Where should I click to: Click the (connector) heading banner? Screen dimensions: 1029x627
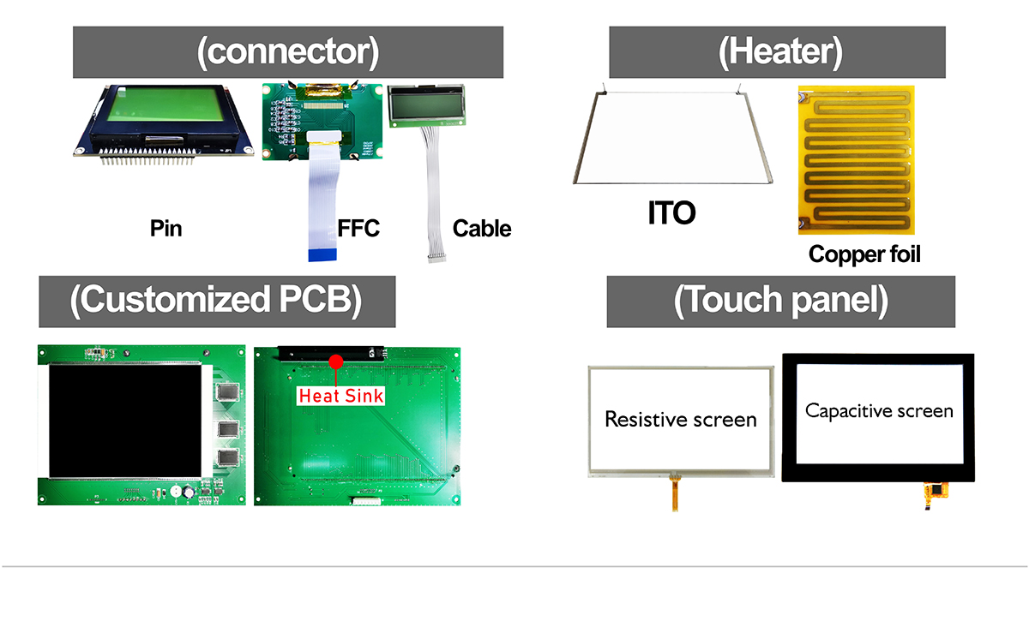pyautogui.click(x=288, y=52)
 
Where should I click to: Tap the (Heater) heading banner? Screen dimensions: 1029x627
pyautogui.click(x=777, y=52)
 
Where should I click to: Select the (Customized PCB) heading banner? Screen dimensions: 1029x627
pyautogui.click(x=217, y=302)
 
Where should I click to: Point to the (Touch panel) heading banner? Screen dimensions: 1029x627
pyautogui.click(x=781, y=302)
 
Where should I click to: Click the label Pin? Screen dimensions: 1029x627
pyautogui.click(x=165, y=228)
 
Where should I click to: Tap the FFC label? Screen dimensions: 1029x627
pyautogui.click(x=358, y=228)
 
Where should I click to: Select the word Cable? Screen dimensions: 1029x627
pyautogui.click(x=482, y=228)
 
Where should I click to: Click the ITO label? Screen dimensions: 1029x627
pyautogui.click(x=671, y=212)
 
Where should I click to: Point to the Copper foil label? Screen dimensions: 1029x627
pyautogui.click(x=864, y=254)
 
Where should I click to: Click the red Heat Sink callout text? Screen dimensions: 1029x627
pyautogui.click(x=341, y=396)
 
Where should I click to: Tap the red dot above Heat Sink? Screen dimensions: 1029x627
pyautogui.click(x=336, y=361)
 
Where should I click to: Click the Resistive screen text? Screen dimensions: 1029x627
pyautogui.click(x=681, y=419)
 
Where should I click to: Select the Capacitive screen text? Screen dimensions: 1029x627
pyautogui.click(x=879, y=411)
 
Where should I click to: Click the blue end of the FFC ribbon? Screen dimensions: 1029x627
pyautogui.click(x=322, y=255)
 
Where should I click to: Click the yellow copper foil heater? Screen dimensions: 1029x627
pyautogui.click(x=857, y=159)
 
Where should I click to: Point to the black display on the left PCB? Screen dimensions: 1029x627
pyautogui.click(x=125, y=421)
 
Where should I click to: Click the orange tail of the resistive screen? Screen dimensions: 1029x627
pyautogui.click(x=674, y=493)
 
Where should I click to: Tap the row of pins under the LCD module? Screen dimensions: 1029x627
pyautogui.click(x=147, y=157)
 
